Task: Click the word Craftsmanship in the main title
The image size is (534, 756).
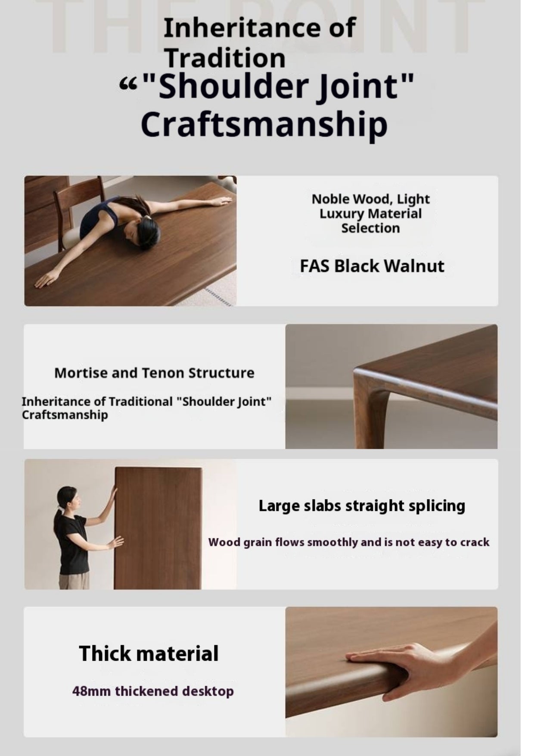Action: click(x=264, y=124)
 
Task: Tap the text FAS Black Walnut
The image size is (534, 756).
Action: click(x=372, y=266)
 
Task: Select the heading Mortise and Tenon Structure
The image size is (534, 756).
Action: click(x=154, y=373)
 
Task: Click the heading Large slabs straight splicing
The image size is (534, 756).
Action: click(x=362, y=506)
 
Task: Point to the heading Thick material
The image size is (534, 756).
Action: click(x=149, y=653)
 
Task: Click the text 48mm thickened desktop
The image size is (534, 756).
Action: click(x=153, y=691)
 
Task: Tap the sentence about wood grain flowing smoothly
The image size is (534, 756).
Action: click(x=349, y=542)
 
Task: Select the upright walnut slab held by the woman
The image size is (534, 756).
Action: click(x=158, y=528)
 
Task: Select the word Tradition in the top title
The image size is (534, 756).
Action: click(x=226, y=58)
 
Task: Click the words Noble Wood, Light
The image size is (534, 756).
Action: click(x=371, y=199)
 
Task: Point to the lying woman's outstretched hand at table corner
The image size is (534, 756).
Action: click(x=47, y=278)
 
